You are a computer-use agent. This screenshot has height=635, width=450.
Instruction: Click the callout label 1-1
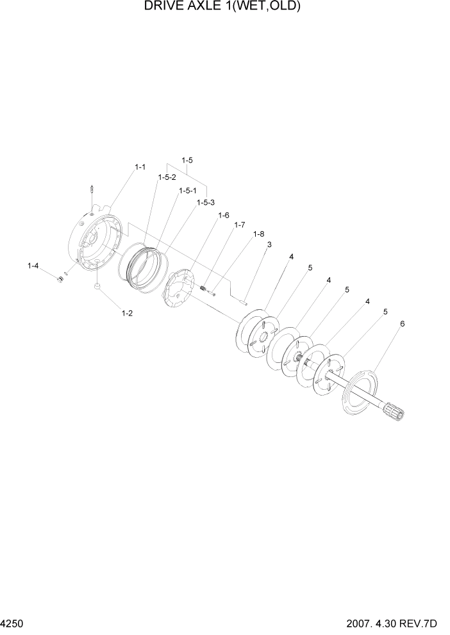[x=140, y=166]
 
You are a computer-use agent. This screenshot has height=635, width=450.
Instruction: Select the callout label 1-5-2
[x=167, y=177]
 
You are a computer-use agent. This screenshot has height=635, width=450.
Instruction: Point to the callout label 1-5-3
[x=206, y=202]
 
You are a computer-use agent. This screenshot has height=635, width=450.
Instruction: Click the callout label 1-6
[x=223, y=216]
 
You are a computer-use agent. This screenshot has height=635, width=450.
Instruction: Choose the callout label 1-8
[x=258, y=234]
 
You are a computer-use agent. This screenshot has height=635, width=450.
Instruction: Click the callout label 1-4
[x=33, y=265]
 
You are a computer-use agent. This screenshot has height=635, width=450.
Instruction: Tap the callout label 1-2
[x=127, y=313]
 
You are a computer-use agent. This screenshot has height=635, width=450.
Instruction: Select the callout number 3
[x=269, y=245]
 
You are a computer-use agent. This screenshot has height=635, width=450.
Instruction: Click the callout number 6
[x=402, y=324]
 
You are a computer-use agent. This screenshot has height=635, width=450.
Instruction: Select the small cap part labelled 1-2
[x=97, y=287]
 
